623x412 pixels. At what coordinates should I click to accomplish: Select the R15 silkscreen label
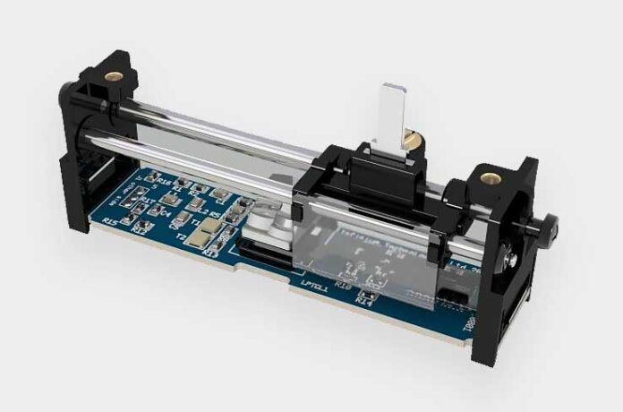click(110, 221)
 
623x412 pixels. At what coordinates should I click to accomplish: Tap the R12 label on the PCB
click(139, 228)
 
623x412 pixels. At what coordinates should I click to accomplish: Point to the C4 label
click(166, 212)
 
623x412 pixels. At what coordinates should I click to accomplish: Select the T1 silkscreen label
click(198, 221)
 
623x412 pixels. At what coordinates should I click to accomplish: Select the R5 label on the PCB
click(215, 214)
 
